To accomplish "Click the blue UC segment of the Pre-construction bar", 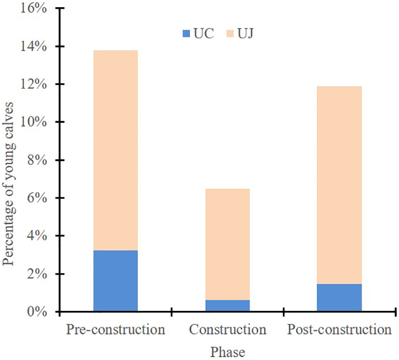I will pos(115,281).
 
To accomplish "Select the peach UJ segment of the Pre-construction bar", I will pos(115,150).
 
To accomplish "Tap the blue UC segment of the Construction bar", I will pos(227,305).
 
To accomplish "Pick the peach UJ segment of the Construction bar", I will pos(227,244).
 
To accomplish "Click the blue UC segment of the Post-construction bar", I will pos(339,297).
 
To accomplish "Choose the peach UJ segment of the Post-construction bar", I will pos(339,185).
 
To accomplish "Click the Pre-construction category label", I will pos(115,330).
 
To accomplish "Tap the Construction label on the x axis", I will pos(227,330).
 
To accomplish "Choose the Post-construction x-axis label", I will pos(339,330).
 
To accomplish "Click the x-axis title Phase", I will pos(227,351).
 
